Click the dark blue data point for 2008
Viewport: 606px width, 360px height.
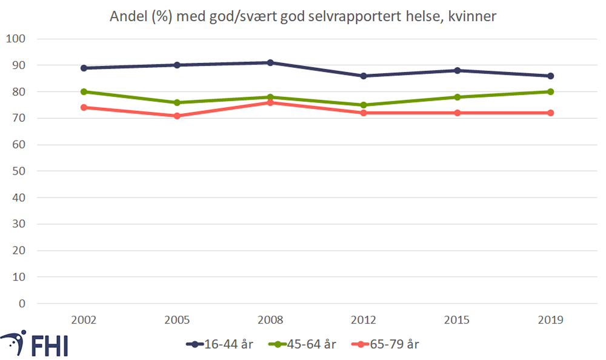click(270, 62)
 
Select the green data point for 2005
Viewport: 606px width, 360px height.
click(177, 102)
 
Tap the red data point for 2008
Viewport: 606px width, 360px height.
click(270, 102)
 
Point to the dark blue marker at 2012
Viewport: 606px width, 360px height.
click(364, 76)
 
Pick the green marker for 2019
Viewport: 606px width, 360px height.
click(550, 92)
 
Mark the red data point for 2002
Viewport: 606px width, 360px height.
click(84, 107)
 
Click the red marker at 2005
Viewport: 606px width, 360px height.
click(177, 116)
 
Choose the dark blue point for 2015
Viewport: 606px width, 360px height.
click(457, 70)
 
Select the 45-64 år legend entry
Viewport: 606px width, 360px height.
click(302, 344)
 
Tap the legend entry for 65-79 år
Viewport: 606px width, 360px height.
click(385, 344)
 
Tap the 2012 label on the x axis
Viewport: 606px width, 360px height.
click(364, 320)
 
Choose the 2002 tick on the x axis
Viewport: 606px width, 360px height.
click(84, 320)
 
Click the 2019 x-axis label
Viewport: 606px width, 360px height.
click(550, 320)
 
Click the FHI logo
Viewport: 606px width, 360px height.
click(35, 344)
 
